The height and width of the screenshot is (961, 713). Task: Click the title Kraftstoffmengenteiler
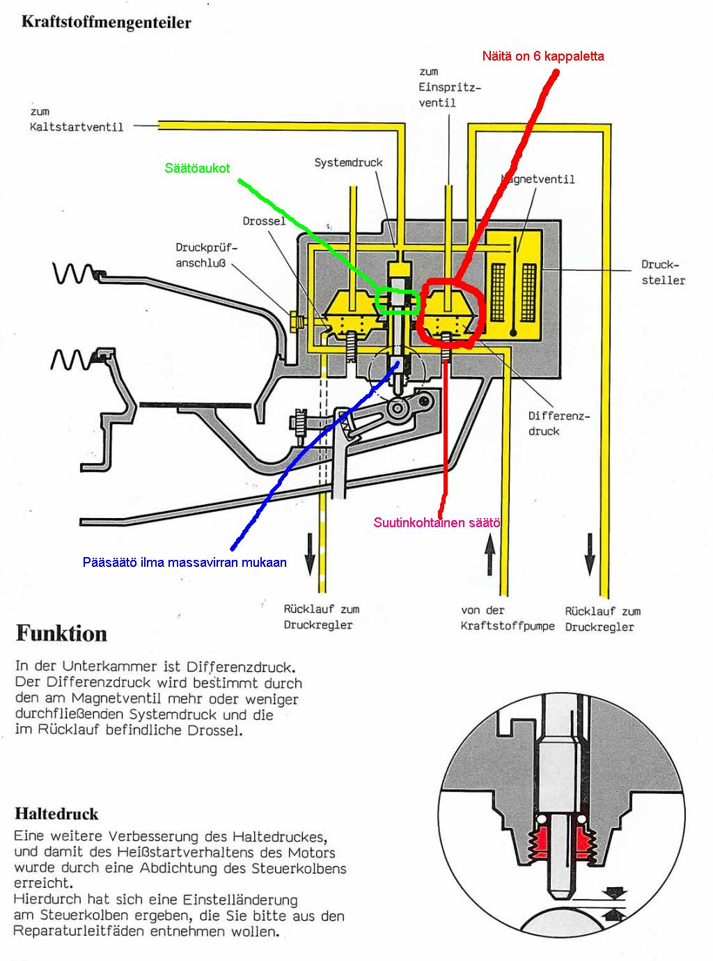pos(106,22)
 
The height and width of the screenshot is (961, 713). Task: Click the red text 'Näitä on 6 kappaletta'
pos(543,56)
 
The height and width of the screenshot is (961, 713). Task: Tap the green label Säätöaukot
pos(197,168)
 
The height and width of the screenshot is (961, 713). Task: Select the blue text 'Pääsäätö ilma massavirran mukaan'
pos(185,562)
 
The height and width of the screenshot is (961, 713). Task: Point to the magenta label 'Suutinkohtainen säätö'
pos(437,522)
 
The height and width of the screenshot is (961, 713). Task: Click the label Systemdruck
pos(348,162)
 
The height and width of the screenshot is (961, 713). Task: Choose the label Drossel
pos(264,221)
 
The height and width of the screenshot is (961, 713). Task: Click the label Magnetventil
pos(538,179)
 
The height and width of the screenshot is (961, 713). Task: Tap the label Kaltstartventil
pos(77,127)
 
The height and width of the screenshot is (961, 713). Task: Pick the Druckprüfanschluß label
pos(207,255)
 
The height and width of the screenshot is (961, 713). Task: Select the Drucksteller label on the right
pos(662,272)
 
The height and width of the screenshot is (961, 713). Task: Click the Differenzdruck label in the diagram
pos(558,423)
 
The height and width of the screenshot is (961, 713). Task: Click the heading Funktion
pos(61,634)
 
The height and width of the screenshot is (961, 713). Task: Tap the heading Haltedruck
pos(56,813)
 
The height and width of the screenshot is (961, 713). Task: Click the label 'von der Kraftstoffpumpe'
pos(507,618)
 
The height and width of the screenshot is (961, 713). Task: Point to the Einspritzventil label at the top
pos(448,87)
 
